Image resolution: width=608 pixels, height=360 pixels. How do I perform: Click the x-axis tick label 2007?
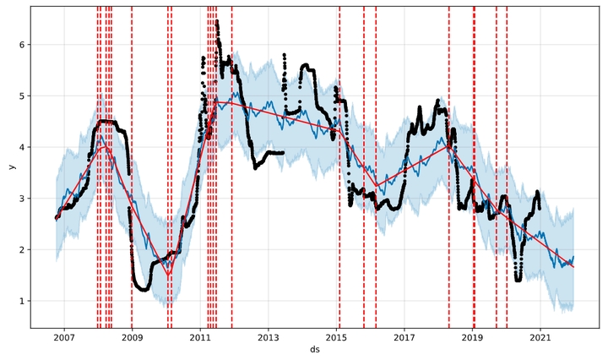(64, 338)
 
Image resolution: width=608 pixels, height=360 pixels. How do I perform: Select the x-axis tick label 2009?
(132, 338)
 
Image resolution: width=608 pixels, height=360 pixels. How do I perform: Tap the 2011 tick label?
(200, 338)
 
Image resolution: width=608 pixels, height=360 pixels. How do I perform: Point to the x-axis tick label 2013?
(269, 338)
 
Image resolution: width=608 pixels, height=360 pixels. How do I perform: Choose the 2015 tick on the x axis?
(337, 338)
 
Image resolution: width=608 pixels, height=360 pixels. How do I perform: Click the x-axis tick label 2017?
(404, 338)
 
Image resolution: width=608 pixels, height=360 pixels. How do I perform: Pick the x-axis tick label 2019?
(473, 338)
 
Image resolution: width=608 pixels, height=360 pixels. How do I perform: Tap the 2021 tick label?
(541, 338)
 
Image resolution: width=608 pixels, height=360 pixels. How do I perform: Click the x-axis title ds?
(315, 349)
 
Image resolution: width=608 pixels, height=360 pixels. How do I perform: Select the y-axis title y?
(11, 166)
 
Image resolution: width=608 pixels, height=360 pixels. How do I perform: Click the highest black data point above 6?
(217, 21)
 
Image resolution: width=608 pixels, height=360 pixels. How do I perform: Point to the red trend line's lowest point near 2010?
(168, 275)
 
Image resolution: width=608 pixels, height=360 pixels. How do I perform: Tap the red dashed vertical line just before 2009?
(132, 169)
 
